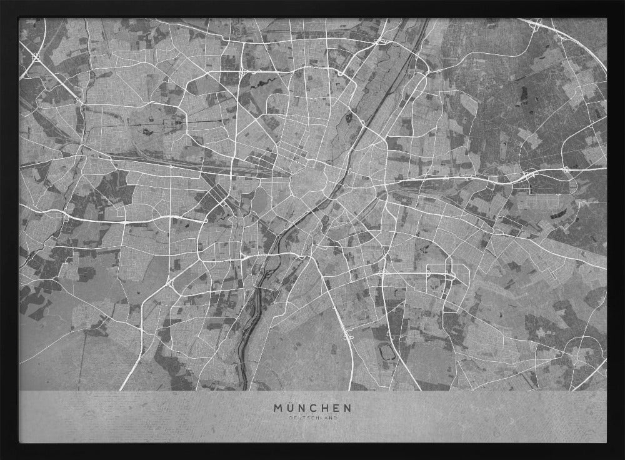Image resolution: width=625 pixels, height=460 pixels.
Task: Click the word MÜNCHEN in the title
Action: [x=312, y=407]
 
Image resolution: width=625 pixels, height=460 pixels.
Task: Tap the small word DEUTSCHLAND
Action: [x=312, y=417]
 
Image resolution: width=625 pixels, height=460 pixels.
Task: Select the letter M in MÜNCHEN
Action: [x=277, y=407]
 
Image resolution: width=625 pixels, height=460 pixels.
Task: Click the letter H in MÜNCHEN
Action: [x=325, y=407]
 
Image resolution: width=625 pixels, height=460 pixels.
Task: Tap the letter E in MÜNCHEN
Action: [x=336, y=407]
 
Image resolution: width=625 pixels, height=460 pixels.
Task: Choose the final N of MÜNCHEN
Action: [x=347, y=407]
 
